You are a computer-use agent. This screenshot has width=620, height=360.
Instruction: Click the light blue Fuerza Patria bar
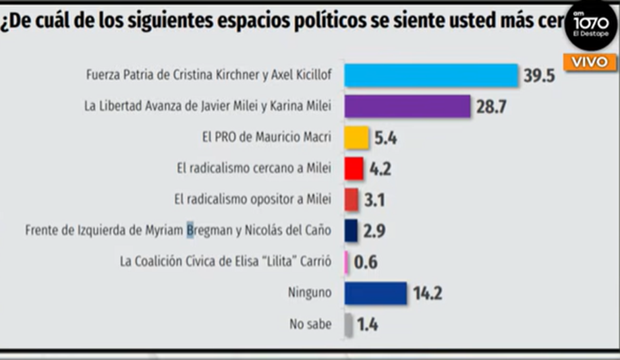point(430,75)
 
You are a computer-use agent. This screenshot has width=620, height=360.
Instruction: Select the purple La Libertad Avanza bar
point(407,107)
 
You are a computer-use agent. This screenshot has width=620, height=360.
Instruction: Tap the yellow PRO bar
point(356,138)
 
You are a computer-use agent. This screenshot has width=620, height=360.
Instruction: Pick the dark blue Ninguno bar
point(375,293)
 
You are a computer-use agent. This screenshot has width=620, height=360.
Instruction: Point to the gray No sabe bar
point(348,325)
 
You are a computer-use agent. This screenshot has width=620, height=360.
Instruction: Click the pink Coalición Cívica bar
point(347,262)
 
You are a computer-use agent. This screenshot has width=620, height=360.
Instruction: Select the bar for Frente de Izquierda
point(351,231)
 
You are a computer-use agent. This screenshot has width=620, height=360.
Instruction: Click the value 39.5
point(539,76)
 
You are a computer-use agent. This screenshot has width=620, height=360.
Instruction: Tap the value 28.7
point(492,107)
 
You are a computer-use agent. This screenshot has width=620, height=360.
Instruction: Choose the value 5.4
point(385,139)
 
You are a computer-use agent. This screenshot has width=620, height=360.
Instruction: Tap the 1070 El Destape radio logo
point(591,26)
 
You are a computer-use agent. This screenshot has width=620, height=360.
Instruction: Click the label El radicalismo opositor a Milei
point(253,199)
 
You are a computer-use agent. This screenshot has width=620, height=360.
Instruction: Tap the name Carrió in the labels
point(316,262)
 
